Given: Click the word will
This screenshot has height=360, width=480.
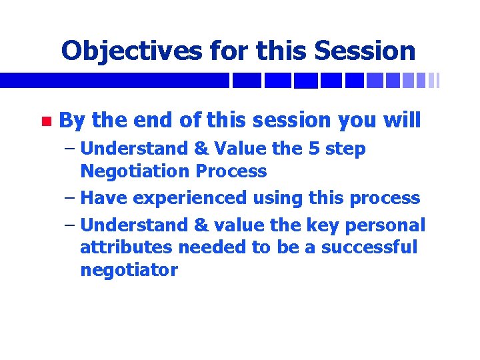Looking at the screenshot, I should pos(402,121).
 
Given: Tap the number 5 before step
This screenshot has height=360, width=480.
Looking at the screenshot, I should pos(315,149).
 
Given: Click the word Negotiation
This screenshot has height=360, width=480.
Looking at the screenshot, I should pos(134,171).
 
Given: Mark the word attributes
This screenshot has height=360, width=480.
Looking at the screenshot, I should pos(121,248).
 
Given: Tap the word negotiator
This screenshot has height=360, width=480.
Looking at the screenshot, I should pos(129,271).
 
